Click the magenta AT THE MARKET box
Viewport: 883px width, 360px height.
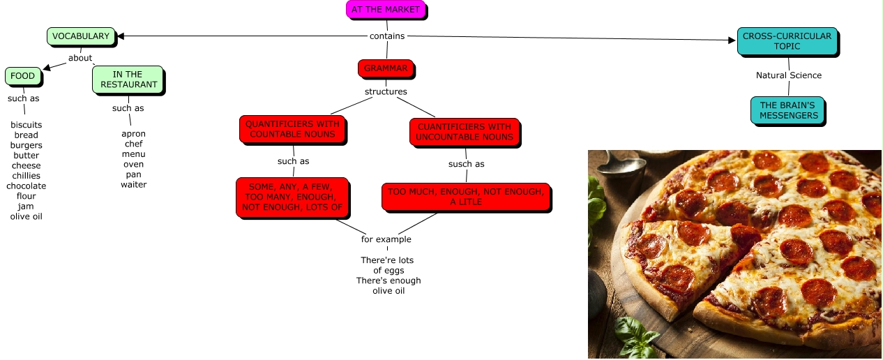(386, 10)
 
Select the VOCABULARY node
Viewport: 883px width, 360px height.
(80, 36)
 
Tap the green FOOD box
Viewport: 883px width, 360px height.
(22, 76)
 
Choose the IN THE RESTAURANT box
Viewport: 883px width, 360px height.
(128, 80)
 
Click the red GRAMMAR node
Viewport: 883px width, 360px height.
(386, 68)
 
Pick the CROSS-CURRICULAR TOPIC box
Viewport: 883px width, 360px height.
(787, 41)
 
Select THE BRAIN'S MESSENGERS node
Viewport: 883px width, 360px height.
(788, 111)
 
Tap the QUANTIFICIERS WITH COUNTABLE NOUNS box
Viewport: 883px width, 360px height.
(292, 129)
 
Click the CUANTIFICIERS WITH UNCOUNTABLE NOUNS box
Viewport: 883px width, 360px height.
(464, 132)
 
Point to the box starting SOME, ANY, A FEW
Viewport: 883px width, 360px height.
(292, 197)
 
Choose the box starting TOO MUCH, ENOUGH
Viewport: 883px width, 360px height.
(465, 197)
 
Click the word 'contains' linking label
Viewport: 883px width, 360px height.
(386, 36)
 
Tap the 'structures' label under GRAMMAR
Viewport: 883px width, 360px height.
(386, 91)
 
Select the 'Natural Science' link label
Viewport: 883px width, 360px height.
(789, 75)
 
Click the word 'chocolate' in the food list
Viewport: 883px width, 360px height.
(27, 186)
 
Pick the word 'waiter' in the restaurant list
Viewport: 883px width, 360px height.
(133, 185)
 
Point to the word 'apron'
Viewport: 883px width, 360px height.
(133, 134)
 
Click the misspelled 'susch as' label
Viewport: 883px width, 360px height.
(466, 164)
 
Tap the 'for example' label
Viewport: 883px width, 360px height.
(386, 239)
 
